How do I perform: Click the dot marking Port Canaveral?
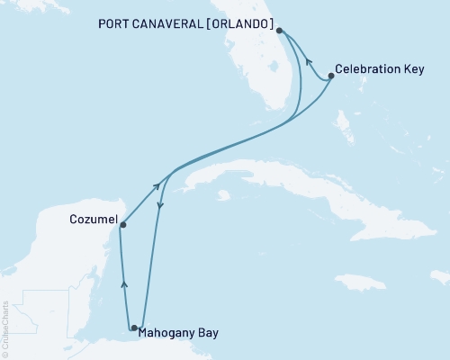280,31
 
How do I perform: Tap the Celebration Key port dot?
331,76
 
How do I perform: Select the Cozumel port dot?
122,225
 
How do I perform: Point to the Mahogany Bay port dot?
134,328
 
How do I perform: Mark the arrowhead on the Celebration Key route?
309,62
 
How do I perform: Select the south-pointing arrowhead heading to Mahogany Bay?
159,208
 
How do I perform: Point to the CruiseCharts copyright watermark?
5,329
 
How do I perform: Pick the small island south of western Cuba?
223,194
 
